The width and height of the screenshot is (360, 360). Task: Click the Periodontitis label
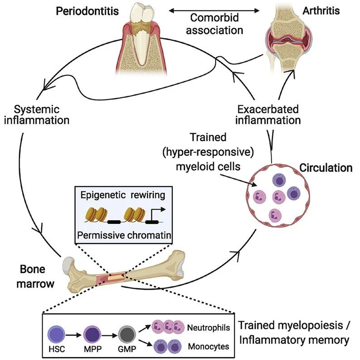(87, 11)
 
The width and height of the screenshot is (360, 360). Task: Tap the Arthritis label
(321, 11)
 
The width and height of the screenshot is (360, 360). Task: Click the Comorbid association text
(214, 24)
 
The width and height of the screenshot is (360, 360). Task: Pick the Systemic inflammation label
(37, 115)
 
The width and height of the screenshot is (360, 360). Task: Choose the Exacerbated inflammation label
(268, 115)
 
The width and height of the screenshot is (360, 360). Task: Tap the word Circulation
(326, 168)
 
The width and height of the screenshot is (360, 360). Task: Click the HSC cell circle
(56, 334)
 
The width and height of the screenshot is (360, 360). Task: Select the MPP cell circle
(92, 335)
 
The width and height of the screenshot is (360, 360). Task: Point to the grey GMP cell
(127, 335)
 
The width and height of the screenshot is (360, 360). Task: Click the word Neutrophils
(209, 328)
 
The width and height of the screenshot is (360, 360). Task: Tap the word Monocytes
(209, 346)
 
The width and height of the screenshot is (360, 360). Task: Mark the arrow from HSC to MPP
(74, 335)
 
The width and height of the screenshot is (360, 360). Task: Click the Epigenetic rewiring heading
(123, 195)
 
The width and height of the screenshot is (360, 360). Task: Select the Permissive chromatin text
(124, 235)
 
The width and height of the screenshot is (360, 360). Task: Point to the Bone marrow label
(35, 277)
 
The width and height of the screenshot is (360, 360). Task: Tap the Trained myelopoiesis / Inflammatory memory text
(294, 332)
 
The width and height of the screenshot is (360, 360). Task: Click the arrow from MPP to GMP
(110, 336)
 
